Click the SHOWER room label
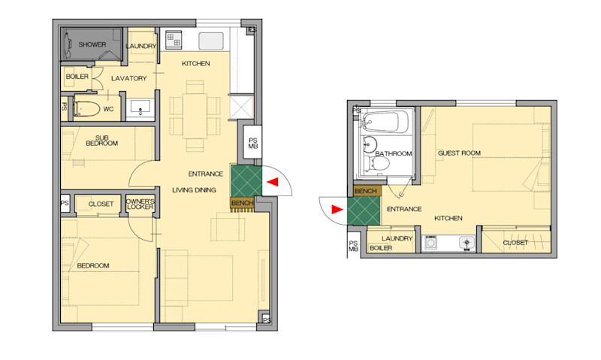pos(92,44)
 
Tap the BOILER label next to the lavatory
pos(77,77)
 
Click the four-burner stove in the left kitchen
pos(174,40)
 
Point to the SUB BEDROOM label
pos(101,141)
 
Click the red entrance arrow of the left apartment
pos(273,182)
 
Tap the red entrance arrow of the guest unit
pos(337,210)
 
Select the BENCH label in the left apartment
pos(242,203)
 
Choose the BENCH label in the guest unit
pos(366,191)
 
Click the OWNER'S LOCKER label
pos(140,204)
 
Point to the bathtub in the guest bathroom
pos(385,122)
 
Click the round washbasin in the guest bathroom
pos(370,144)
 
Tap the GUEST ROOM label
pos(459,153)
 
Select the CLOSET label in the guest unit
pos(515,243)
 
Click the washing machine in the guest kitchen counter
pos(431,242)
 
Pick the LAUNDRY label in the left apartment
pos(141,46)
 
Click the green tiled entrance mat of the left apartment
pos(246,180)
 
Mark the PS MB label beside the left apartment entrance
pos(253,143)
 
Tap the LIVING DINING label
pos(194,190)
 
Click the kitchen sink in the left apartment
pos(211,41)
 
